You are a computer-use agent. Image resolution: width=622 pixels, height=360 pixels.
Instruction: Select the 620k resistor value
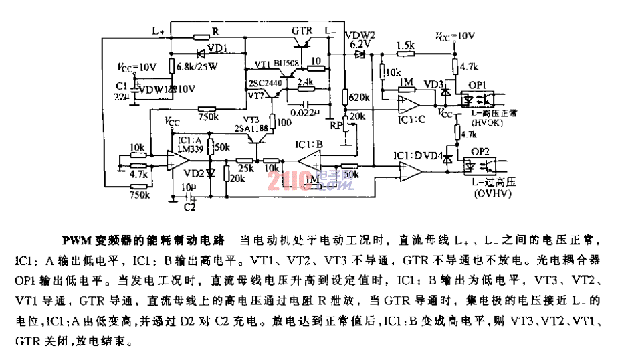coord(360,98)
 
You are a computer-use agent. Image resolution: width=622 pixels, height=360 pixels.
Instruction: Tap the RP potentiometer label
coord(336,124)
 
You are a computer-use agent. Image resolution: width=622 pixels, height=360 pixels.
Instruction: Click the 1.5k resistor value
coord(405,45)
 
